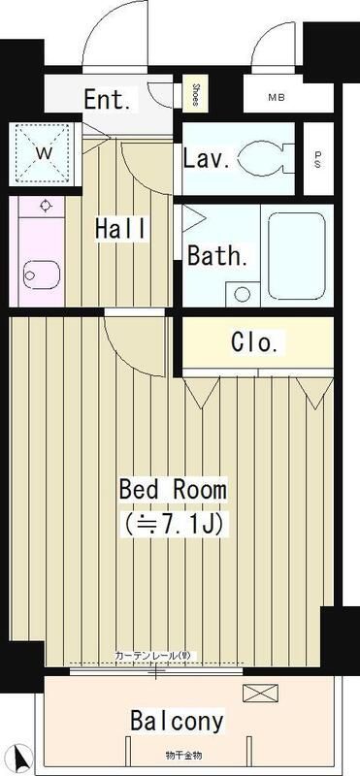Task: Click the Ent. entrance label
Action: tap(110, 100)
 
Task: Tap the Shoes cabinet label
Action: tap(195, 94)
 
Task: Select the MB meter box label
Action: tap(277, 97)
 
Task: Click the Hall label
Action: tap(121, 229)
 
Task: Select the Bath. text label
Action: tap(217, 257)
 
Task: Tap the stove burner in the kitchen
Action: tap(46, 207)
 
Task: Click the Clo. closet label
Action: tap(257, 341)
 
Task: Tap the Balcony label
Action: tap(178, 721)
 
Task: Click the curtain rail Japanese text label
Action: tap(160, 657)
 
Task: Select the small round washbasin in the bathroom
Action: tap(243, 291)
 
